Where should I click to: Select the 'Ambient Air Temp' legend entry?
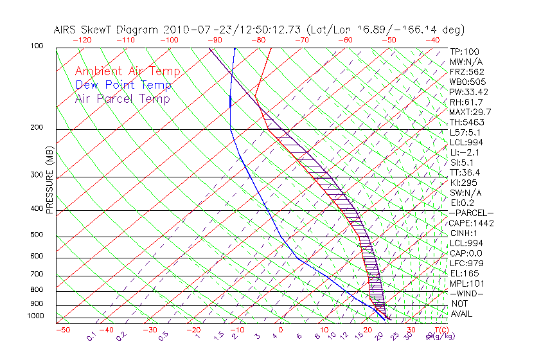127,71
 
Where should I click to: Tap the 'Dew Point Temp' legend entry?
123,85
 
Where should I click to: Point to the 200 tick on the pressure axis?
37,128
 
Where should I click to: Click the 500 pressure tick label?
37,235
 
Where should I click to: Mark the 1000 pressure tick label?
35,316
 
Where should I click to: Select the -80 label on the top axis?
259,40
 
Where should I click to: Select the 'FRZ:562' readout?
467,71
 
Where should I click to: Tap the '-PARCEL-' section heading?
471,213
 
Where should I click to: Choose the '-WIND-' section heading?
466,293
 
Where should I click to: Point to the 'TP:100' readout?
465,51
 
